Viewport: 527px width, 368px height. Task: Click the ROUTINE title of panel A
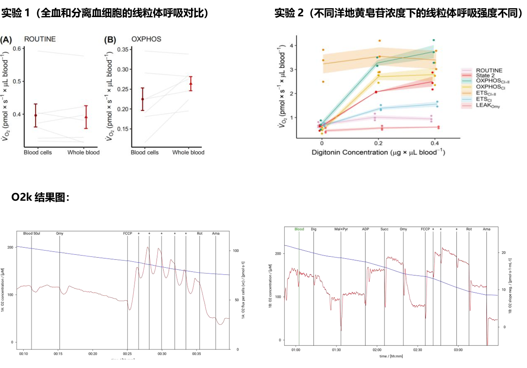pyautogui.click(x=40, y=39)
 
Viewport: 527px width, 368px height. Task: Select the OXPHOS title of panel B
pyautogui.click(x=146, y=39)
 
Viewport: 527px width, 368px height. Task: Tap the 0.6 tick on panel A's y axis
pyautogui.click(x=17, y=49)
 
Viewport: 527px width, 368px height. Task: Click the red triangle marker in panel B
pyautogui.click(x=190, y=84)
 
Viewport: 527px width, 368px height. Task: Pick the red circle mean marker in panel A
pyautogui.click(x=36, y=115)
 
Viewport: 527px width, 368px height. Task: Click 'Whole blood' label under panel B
pyautogui.click(x=188, y=152)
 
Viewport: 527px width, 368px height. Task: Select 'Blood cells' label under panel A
pyautogui.click(x=38, y=152)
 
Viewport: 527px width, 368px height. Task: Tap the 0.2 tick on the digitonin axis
pyautogui.click(x=378, y=143)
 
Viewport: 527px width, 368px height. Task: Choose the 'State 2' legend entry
pyautogui.click(x=485, y=75)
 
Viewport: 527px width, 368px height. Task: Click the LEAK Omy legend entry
pyautogui.click(x=488, y=105)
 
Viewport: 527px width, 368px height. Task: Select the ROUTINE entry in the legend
pyautogui.click(x=489, y=70)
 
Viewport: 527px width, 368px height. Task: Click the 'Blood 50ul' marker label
pyautogui.click(x=31, y=233)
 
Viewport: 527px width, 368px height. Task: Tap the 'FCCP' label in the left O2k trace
pyautogui.click(x=127, y=233)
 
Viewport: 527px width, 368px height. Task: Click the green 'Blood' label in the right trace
pyautogui.click(x=299, y=229)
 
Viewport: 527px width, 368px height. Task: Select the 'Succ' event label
pyautogui.click(x=384, y=229)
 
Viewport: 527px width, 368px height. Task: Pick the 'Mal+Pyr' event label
pyautogui.click(x=341, y=229)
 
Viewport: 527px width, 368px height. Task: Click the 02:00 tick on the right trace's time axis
pyautogui.click(x=377, y=350)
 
